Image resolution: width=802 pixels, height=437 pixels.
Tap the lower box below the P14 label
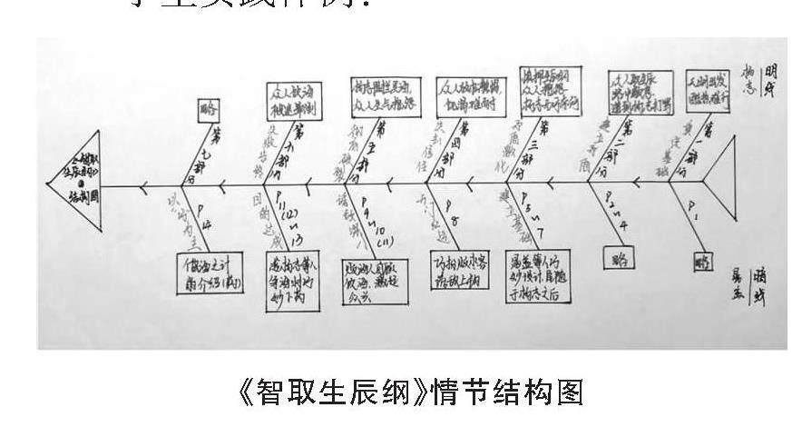[x=210, y=273]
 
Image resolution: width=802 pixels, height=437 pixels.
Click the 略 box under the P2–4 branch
[x=620, y=257]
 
